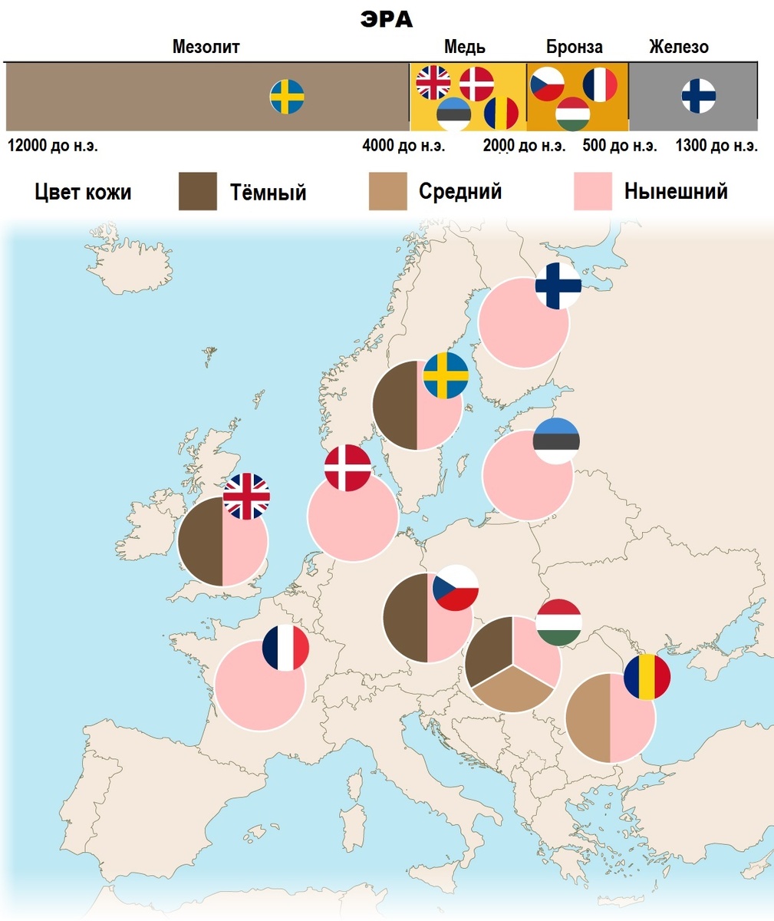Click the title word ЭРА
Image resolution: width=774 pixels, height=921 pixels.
click(387, 19)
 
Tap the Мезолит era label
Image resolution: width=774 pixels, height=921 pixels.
click(206, 47)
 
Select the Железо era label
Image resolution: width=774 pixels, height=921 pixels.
click(678, 47)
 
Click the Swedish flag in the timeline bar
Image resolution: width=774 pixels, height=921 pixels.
click(287, 97)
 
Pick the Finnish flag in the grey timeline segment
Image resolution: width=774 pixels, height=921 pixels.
click(699, 96)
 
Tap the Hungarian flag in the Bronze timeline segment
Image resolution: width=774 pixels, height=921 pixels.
click(571, 114)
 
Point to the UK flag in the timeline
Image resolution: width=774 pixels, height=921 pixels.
click(433, 82)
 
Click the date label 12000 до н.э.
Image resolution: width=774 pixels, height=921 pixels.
click(53, 146)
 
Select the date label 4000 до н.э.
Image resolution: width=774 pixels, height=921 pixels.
click(403, 146)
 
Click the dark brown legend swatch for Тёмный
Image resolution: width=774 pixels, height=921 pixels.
click(198, 191)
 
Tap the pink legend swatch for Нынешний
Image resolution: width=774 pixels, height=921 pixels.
click(593, 191)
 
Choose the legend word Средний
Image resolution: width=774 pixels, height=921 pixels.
click(460, 191)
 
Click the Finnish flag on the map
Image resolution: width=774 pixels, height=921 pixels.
click(558, 286)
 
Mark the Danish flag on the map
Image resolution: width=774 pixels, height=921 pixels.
click(347, 467)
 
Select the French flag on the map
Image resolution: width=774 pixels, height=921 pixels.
click(285, 648)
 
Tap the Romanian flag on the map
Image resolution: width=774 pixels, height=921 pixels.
click(647, 677)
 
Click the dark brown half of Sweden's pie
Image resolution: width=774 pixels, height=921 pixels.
click(395, 404)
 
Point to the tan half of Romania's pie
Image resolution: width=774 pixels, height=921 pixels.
click(588, 718)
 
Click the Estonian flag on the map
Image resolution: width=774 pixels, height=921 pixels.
click(556, 441)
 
